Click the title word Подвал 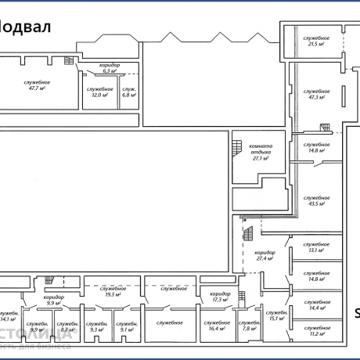(25, 27)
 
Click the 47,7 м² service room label (37, 85)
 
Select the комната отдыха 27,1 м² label (261, 152)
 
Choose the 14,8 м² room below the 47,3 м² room (317, 147)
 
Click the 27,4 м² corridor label (265, 257)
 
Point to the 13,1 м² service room (317, 249)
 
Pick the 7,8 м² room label (249, 326)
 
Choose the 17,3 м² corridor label (219, 297)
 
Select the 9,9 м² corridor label (54, 300)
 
